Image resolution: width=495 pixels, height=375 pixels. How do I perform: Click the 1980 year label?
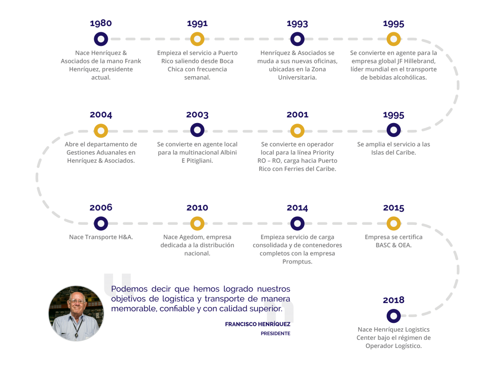[101, 23]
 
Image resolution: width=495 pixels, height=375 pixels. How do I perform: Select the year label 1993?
[297, 24]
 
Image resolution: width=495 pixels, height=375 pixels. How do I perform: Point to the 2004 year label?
[101, 115]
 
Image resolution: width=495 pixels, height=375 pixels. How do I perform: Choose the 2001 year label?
[297, 115]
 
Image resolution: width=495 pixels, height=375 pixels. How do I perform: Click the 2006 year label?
[101, 208]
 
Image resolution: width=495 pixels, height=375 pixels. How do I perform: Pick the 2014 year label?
[297, 208]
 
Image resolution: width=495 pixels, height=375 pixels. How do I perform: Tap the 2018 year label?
[393, 300]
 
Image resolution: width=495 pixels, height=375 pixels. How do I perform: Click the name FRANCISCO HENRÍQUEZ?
[258, 324]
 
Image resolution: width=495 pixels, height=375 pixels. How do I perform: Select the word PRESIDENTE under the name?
[275, 333]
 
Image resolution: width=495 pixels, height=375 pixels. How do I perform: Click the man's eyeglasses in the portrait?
[77, 302]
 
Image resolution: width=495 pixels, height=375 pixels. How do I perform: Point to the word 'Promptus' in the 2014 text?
[297, 262]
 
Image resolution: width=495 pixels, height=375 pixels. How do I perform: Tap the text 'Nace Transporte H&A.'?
[101, 237]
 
